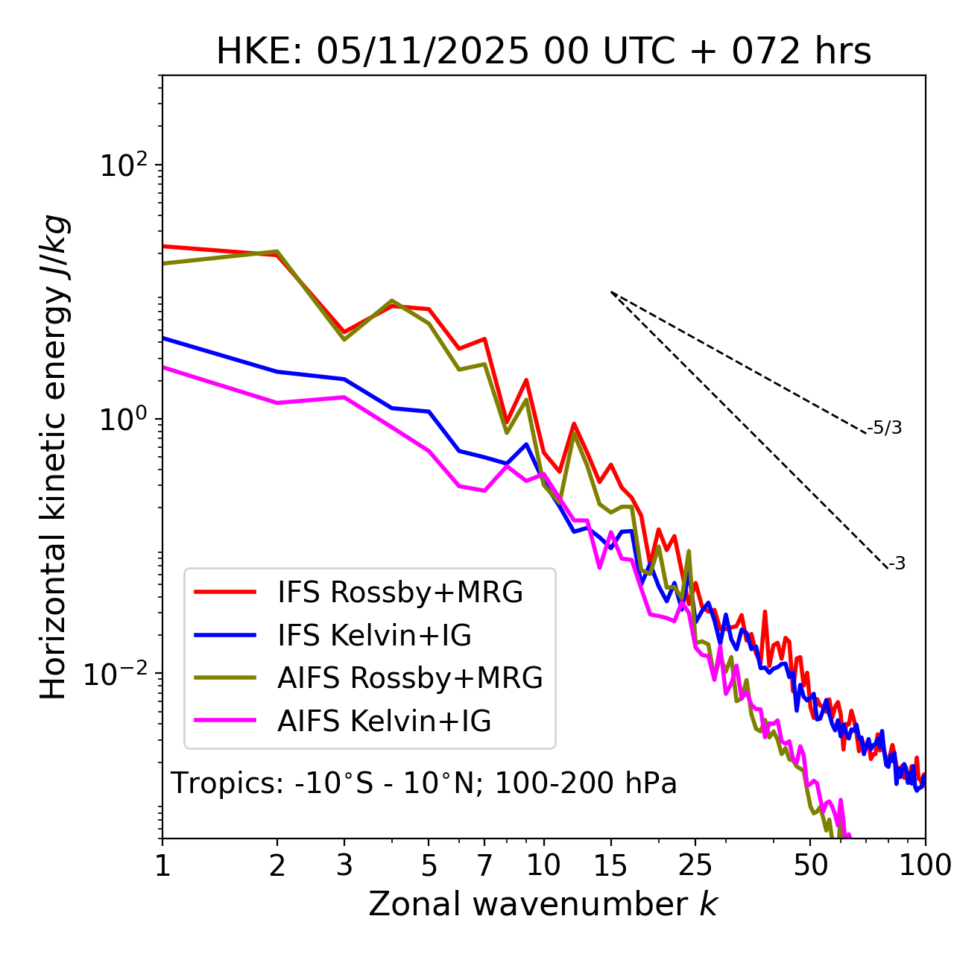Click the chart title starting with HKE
[x=543, y=52]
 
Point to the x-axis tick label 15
[x=610, y=865]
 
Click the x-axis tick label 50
[x=810, y=865]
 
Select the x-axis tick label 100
[x=924, y=865]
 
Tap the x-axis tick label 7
[x=484, y=865]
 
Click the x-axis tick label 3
[x=344, y=865]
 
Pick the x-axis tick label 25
[x=695, y=865]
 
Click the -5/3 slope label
[x=885, y=428]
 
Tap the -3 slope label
[x=897, y=564]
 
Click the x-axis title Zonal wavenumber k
[x=543, y=904]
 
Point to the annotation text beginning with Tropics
[x=424, y=783]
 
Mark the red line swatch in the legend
[x=225, y=593]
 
